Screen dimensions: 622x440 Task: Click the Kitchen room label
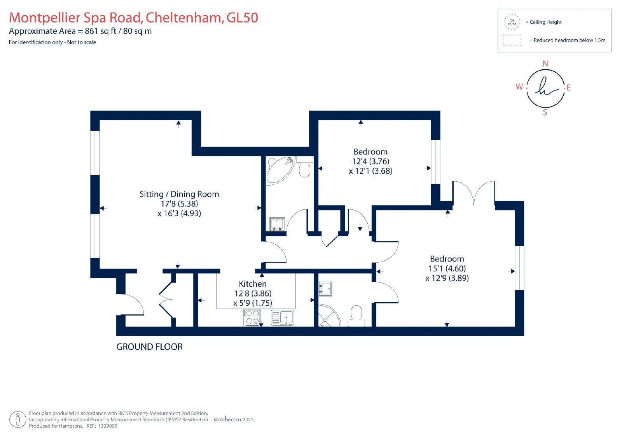pos(252,284)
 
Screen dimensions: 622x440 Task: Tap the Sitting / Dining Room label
pos(179,194)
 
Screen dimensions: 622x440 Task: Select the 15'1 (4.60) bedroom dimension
pos(447,268)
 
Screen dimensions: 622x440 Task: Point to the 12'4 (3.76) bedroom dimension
pos(371,161)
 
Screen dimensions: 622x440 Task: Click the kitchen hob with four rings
pos(252,317)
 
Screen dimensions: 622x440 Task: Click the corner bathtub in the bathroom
pos(280,170)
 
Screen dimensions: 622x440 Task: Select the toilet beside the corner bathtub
pos(305,167)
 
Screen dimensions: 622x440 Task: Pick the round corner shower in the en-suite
pos(329,316)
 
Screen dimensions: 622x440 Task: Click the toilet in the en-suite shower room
pos(356,316)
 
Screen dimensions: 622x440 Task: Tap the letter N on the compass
pos(545,64)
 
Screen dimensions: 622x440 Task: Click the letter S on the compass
pos(545,112)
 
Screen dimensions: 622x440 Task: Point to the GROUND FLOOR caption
pos(149,347)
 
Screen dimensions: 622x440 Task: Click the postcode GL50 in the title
pos(243,18)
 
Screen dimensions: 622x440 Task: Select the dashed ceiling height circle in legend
pos(512,22)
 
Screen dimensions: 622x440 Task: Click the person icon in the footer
pos(18,419)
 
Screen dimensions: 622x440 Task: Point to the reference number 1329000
pos(108,426)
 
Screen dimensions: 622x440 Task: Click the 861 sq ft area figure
pos(101,31)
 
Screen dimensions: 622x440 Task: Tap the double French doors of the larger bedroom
pos(474,192)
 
